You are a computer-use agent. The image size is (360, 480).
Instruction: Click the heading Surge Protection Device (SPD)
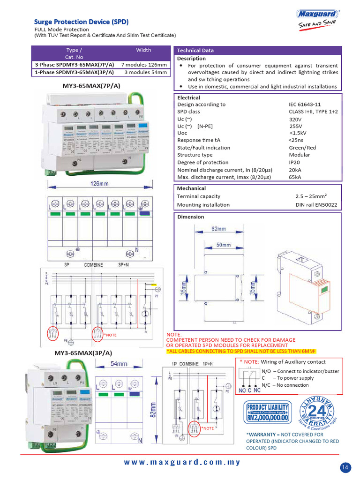pyautogui.click(x=81, y=22)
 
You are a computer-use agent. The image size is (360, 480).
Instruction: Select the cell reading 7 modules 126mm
pyautogui.click(x=144, y=65)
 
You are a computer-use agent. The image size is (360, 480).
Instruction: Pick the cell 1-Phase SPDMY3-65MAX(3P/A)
pyautogui.click(x=74, y=73)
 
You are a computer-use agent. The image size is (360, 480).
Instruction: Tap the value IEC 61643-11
pyautogui.click(x=305, y=105)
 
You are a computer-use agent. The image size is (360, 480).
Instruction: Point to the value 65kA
pyautogui.click(x=295, y=177)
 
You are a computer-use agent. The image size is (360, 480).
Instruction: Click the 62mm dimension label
pyautogui.click(x=218, y=229)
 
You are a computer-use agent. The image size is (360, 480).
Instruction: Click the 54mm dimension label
pyautogui.click(x=119, y=364)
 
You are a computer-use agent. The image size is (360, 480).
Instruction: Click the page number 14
pyautogui.click(x=345, y=467)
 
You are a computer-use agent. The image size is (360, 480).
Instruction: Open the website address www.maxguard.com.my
pyautogui.click(x=182, y=462)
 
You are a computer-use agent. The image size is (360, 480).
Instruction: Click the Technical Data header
pyautogui.click(x=195, y=51)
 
